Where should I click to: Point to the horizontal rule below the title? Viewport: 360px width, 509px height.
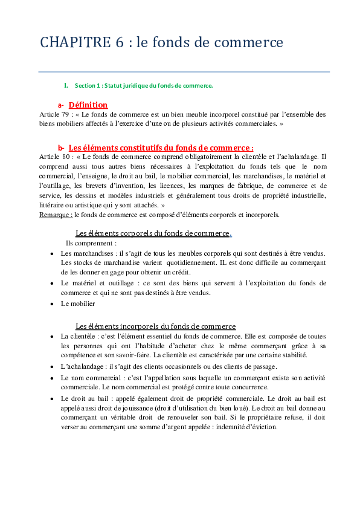tap(184, 72)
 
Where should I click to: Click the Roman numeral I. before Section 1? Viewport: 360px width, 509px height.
tap(66, 85)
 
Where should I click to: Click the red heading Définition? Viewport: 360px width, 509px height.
tap(88, 105)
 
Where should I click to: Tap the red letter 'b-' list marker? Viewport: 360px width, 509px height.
tap(61, 148)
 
